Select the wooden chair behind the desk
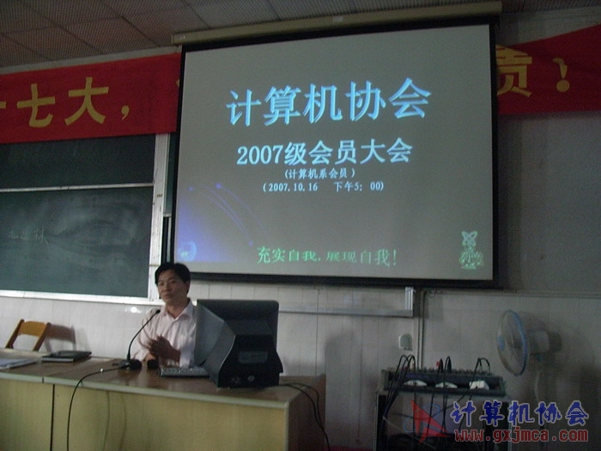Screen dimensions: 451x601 (x=28, y=333)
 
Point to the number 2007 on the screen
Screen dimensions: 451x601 (x=259, y=155)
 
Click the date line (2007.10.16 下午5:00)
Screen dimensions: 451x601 (x=325, y=186)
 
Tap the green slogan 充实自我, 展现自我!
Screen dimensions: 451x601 (x=326, y=255)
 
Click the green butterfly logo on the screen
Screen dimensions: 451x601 (x=470, y=250)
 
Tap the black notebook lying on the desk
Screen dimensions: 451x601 (x=66, y=356)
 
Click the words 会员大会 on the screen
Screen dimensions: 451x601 (x=361, y=152)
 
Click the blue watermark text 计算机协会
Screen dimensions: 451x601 (x=519, y=413)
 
